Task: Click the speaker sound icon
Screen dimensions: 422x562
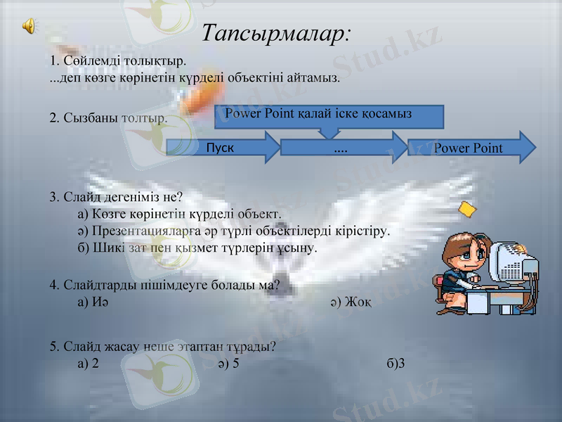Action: [x=30, y=26]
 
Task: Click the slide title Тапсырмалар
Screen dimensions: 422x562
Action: [x=276, y=32]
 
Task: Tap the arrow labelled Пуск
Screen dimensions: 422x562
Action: [x=222, y=148]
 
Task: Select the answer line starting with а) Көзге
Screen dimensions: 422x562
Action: [x=179, y=213]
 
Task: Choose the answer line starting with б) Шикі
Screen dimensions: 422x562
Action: [x=197, y=248]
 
